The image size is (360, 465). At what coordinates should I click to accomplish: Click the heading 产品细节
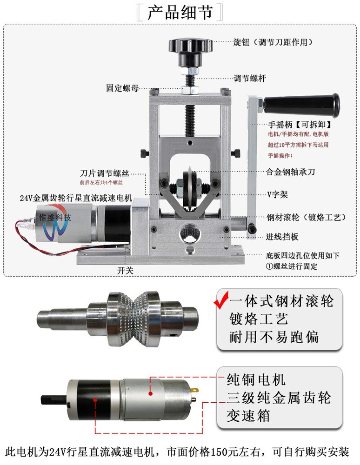pos(180,13)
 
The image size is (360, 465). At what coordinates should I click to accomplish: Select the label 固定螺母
pos(122,88)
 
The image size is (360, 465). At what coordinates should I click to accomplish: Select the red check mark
pos(221,299)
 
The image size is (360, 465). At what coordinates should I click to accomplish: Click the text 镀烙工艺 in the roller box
pos(259,319)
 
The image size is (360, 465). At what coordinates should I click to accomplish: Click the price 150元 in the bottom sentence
pos(225,452)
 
